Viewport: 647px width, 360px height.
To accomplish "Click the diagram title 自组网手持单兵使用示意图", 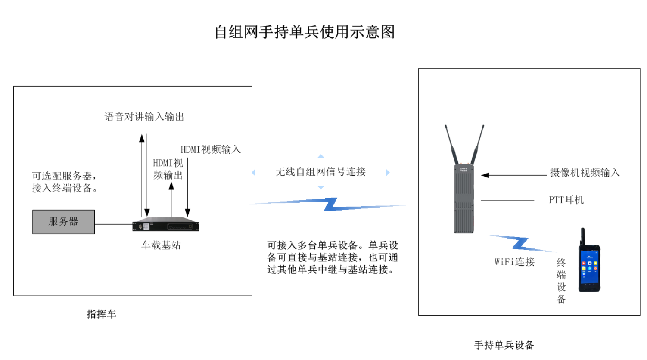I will point(305,32).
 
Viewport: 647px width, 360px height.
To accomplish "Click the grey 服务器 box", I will point(63,222).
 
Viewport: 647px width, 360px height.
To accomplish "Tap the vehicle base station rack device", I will point(166,225).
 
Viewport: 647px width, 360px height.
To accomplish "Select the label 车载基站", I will point(161,245).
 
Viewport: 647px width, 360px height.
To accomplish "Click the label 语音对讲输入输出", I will point(144,117).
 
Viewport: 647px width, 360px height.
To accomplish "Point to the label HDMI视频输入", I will point(210,149).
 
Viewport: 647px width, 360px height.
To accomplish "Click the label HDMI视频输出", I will point(168,169).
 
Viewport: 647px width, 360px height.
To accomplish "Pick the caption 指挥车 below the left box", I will point(101,314).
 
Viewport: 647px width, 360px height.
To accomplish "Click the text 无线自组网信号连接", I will point(320,172).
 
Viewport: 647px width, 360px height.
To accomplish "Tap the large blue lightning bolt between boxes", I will point(331,205).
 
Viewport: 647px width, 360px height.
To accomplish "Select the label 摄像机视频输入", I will point(585,173).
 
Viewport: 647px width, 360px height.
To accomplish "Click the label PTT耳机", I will point(566,200).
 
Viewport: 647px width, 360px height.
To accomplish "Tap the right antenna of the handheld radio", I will point(478,144).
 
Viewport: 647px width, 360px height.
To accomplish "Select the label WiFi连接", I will point(514,262).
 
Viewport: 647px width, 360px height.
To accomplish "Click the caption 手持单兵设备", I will point(504,345).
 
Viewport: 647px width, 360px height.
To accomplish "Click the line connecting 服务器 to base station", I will point(113,224).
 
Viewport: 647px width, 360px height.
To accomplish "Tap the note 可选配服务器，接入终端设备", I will point(65,182).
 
